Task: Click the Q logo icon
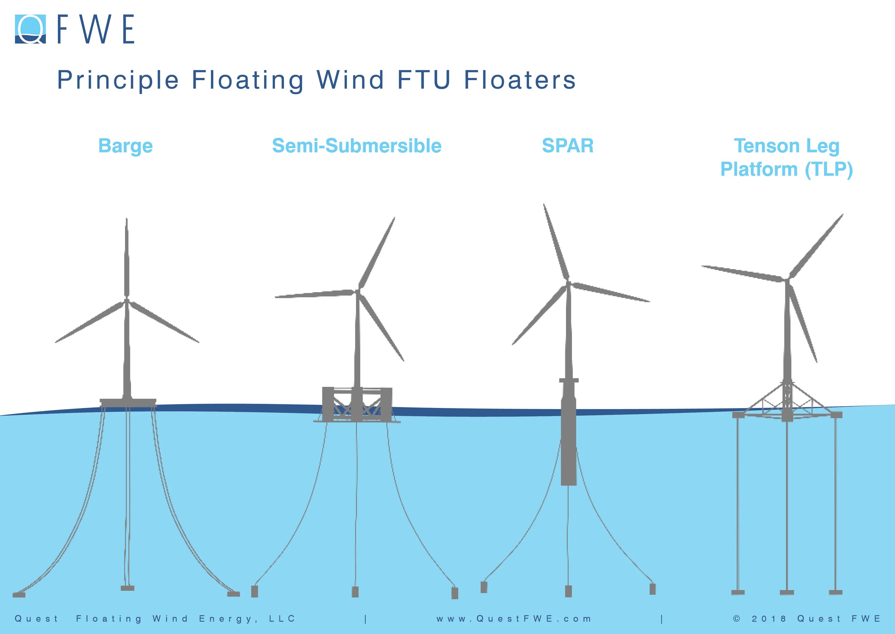(x=30, y=29)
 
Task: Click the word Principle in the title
(x=118, y=80)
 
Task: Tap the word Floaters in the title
(x=519, y=80)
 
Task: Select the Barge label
(x=126, y=146)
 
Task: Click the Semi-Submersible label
(x=357, y=146)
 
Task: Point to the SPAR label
(x=567, y=146)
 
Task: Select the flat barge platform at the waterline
(x=128, y=402)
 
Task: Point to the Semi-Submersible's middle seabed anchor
(x=355, y=592)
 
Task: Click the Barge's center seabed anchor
(x=127, y=588)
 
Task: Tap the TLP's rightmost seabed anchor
(x=835, y=592)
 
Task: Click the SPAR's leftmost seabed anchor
(x=484, y=587)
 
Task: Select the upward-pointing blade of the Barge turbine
(x=126, y=258)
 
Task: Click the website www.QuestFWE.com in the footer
(x=514, y=619)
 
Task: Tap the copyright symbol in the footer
(x=736, y=618)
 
